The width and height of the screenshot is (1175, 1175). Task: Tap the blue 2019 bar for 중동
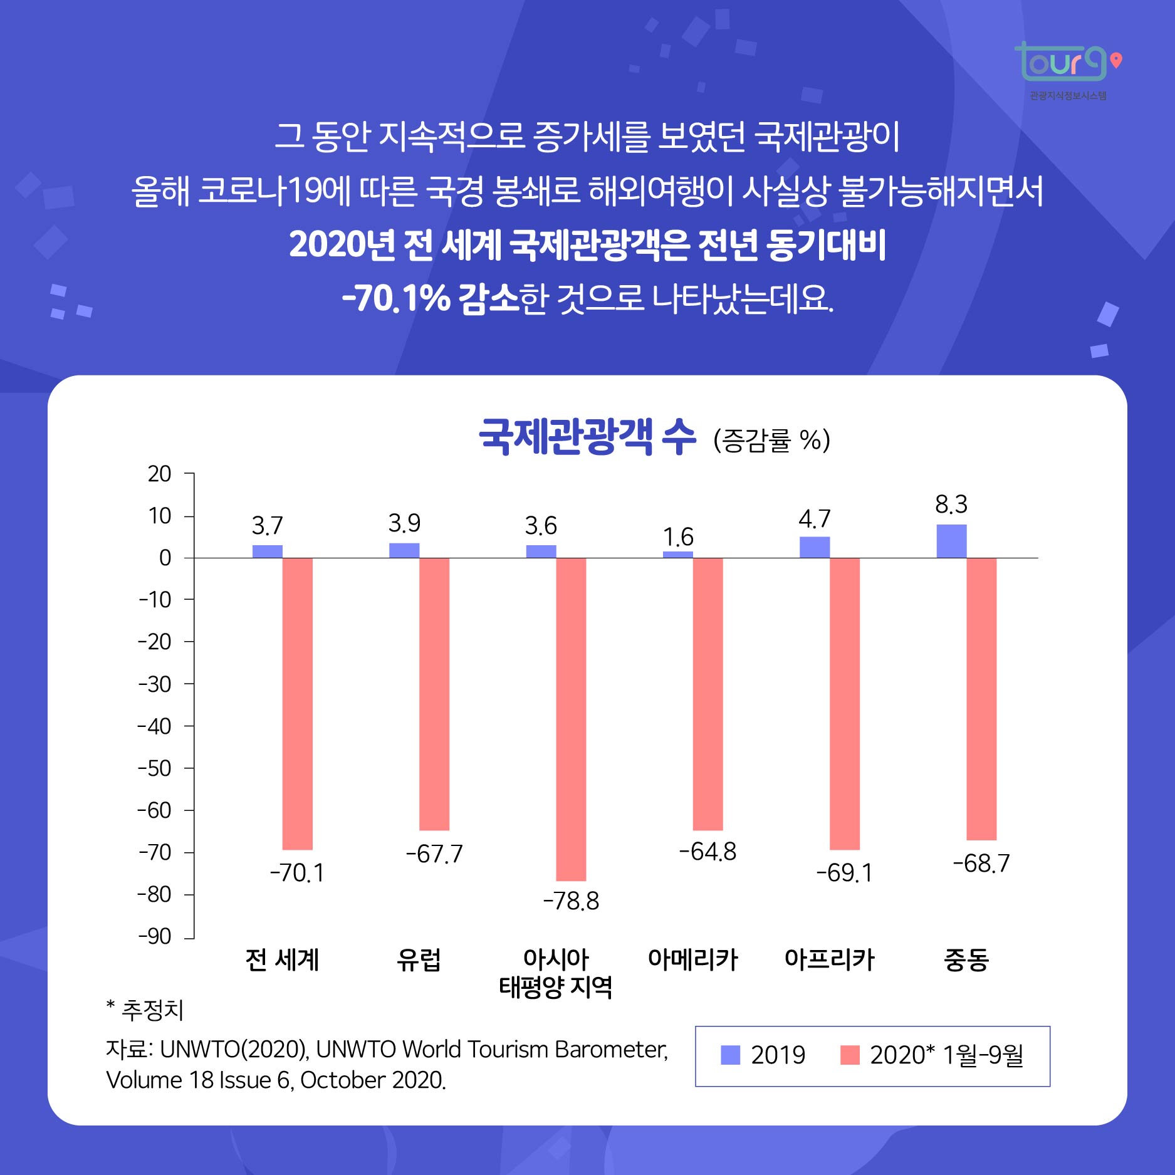click(951, 541)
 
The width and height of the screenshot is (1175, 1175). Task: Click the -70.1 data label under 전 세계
click(297, 872)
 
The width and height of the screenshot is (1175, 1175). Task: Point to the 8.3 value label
click(951, 504)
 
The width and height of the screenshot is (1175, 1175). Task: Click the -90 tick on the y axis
click(155, 936)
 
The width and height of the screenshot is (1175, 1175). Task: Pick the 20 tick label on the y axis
click(159, 474)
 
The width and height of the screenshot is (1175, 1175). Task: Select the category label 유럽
click(419, 959)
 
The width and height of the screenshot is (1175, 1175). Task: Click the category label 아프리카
click(829, 959)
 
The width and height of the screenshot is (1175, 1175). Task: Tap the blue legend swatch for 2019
click(730, 1055)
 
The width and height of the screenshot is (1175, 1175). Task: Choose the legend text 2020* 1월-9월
click(946, 1055)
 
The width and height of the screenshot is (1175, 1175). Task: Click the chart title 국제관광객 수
click(587, 437)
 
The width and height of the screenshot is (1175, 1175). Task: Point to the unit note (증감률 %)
click(771, 440)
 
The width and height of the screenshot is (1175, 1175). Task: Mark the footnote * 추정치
click(145, 1010)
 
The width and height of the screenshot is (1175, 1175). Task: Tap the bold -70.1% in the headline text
click(395, 298)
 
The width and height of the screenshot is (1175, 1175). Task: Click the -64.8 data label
click(708, 852)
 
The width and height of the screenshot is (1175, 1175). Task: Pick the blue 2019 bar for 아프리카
click(814, 547)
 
